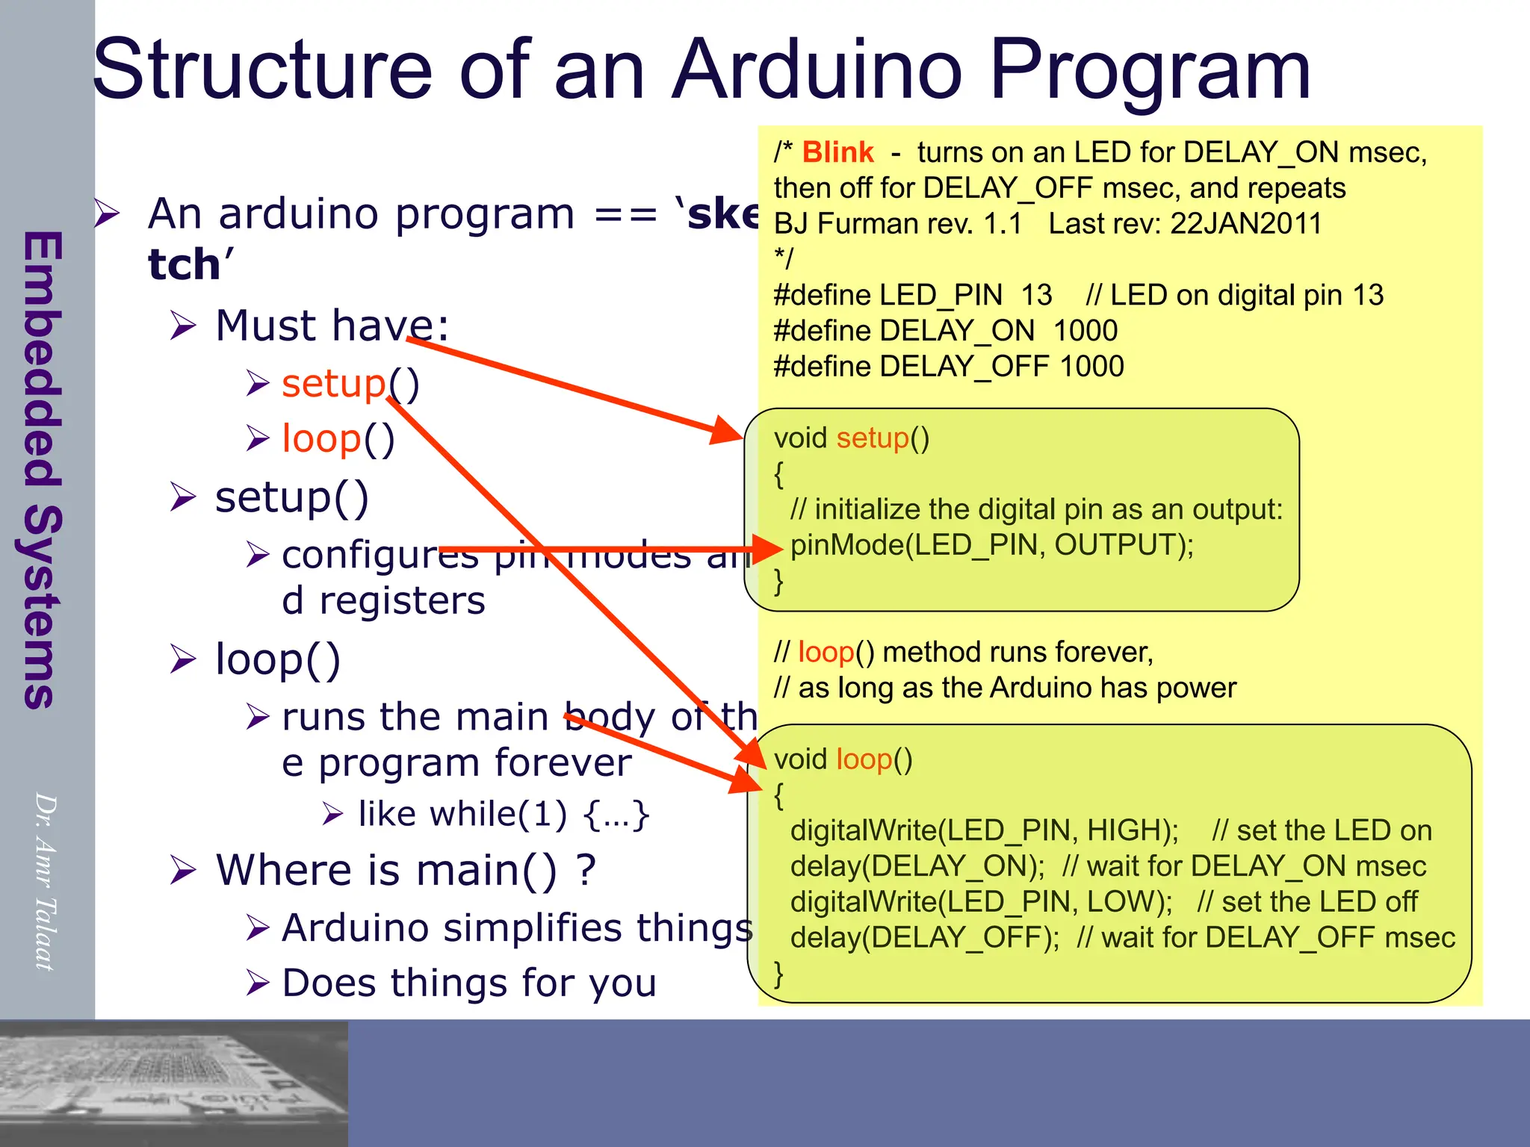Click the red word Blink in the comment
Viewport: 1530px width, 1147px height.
pyautogui.click(x=837, y=152)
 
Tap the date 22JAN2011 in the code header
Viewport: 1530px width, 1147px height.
pyautogui.click(x=1245, y=223)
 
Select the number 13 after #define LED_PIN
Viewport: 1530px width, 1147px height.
pyautogui.click(x=1036, y=295)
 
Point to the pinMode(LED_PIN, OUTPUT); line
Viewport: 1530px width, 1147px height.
pyautogui.click(x=992, y=545)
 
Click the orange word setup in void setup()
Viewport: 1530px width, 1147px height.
pyautogui.click(x=872, y=438)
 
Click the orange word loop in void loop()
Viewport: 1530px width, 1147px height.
pyautogui.click(x=864, y=759)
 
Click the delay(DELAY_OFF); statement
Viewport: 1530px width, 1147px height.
pyautogui.click(x=924, y=938)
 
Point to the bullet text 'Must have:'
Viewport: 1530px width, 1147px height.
pyautogui.click(x=332, y=326)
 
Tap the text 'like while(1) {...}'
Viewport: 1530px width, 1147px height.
pyautogui.click(x=504, y=814)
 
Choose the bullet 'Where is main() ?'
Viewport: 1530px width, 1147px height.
pyautogui.click(x=406, y=870)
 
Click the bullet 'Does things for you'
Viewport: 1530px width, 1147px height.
pyautogui.click(x=469, y=983)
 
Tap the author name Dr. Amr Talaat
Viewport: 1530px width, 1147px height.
pyautogui.click(x=45, y=881)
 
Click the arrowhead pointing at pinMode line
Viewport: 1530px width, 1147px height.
pyautogui.click(x=768, y=550)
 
